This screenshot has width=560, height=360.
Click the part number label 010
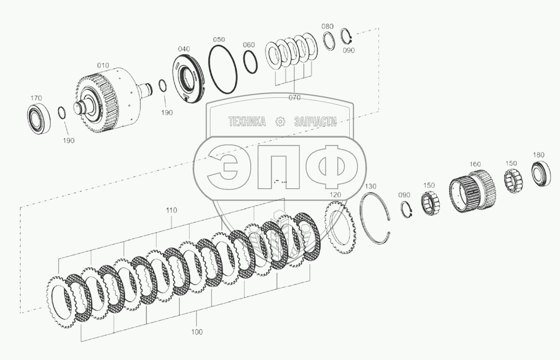[103, 65]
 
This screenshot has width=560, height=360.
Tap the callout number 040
[184, 49]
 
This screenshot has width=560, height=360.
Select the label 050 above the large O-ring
[219, 40]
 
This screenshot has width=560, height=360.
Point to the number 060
[249, 45]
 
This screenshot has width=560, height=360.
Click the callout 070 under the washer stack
[294, 98]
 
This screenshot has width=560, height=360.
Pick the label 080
[327, 26]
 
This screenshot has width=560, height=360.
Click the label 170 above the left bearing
[36, 98]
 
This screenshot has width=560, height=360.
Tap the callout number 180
[539, 155]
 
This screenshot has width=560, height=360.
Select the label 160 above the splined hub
[475, 164]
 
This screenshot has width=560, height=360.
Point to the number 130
[371, 186]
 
